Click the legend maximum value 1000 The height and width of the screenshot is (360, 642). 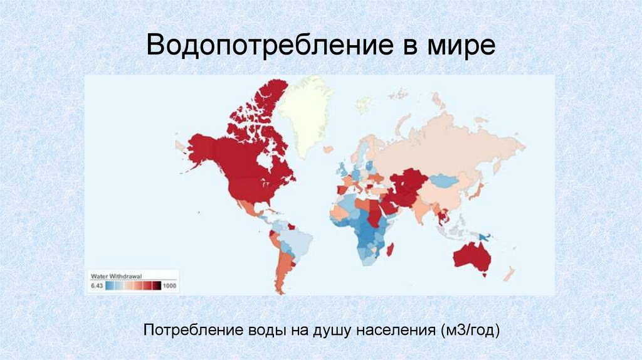169,286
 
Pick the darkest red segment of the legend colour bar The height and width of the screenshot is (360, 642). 157,286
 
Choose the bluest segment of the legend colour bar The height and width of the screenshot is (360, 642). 110,286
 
